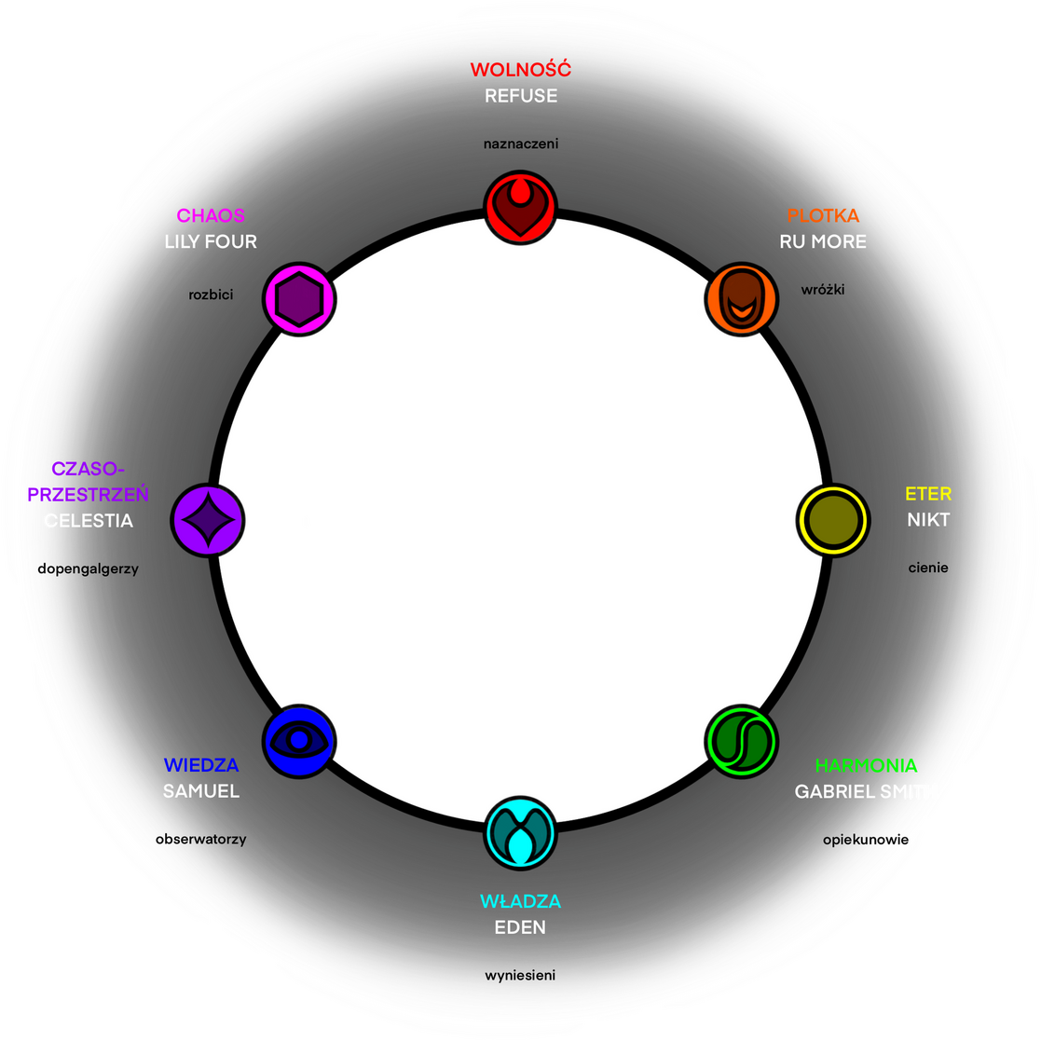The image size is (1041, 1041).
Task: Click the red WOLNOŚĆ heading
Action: coord(520,70)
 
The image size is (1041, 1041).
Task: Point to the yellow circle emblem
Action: coord(832,520)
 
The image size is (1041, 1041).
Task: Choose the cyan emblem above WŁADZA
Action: coord(520,831)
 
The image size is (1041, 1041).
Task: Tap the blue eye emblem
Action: coord(299,740)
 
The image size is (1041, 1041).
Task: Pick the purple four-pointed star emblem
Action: coord(208,520)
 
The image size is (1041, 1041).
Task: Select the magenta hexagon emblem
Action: coord(299,299)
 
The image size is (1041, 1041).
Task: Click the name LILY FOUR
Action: coord(211,241)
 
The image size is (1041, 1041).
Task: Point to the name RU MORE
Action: coord(823,241)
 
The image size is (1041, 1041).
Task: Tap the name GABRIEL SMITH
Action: coord(864,791)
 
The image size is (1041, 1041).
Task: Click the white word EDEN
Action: coord(520,927)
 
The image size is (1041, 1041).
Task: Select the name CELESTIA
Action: coord(89,520)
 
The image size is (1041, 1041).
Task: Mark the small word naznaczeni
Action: coord(520,144)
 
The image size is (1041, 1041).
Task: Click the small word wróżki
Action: coord(823,290)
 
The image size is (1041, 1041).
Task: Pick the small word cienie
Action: coord(928,567)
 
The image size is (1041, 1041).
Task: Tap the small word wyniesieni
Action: coord(520,976)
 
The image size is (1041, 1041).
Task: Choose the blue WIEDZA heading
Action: coord(201,766)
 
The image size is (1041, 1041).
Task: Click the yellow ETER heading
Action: coord(928,494)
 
